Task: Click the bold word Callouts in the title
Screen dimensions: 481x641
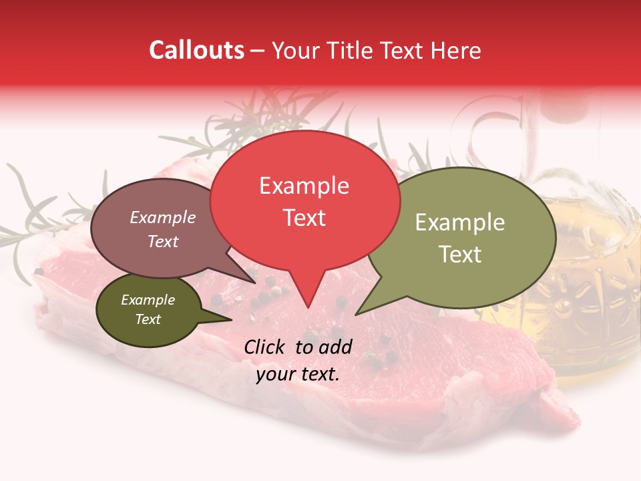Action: click(196, 50)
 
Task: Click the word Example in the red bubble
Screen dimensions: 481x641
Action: click(304, 186)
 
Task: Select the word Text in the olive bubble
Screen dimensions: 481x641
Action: click(460, 255)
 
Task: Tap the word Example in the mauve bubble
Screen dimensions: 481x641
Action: click(162, 218)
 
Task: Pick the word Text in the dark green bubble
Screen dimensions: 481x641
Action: click(148, 319)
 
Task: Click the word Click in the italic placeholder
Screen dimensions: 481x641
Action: click(265, 347)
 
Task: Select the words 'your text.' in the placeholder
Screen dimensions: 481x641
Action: click(298, 374)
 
